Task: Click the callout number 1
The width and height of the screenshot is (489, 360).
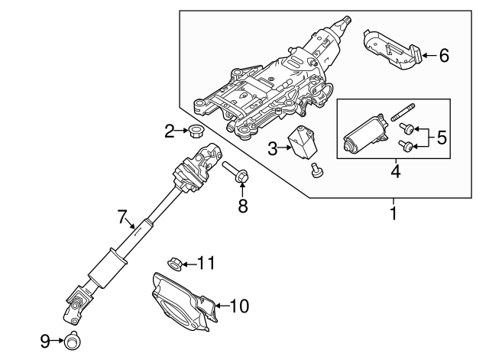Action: point(394,215)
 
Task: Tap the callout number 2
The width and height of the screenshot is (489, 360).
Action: point(170,132)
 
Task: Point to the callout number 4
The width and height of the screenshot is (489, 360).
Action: point(394,170)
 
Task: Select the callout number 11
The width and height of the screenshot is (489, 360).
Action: point(206,264)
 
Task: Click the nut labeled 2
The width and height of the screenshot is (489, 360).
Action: point(195,131)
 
